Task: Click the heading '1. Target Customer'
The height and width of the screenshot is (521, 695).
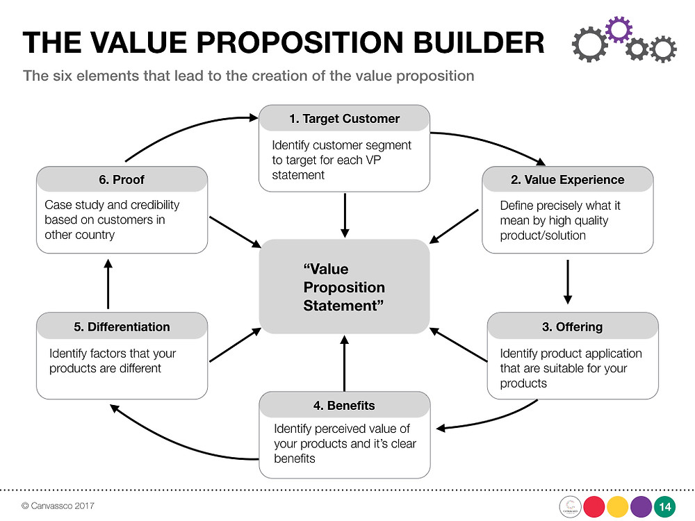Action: pyautogui.click(x=345, y=119)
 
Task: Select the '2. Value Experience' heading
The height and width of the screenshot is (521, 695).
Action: pyautogui.click(x=567, y=179)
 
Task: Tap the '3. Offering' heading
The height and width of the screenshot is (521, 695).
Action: pyautogui.click(x=572, y=327)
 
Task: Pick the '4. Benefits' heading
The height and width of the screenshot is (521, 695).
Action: pyautogui.click(x=344, y=406)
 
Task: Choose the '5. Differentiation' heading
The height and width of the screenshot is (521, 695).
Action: pyautogui.click(x=122, y=327)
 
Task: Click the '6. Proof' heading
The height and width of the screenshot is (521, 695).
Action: pyautogui.click(x=122, y=179)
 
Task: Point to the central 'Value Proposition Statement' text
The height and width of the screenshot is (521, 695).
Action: pyautogui.click(x=344, y=287)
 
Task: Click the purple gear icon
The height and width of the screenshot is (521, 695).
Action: pyautogui.click(x=619, y=29)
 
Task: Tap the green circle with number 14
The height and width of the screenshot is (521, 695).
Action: pyautogui.click(x=664, y=506)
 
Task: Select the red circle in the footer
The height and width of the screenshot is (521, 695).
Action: pyautogui.click(x=594, y=507)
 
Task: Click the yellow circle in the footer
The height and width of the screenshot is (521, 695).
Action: pyautogui.click(x=617, y=507)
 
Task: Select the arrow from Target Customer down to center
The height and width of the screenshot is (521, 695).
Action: pyautogui.click(x=345, y=215)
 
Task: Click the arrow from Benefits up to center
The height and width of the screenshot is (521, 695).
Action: pyautogui.click(x=345, y=363)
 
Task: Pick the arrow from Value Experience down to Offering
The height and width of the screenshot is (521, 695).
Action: pyautogui.click(x=568, y=282)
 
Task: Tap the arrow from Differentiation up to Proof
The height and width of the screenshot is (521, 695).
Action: pyautogui.click(x=108, y=284)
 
